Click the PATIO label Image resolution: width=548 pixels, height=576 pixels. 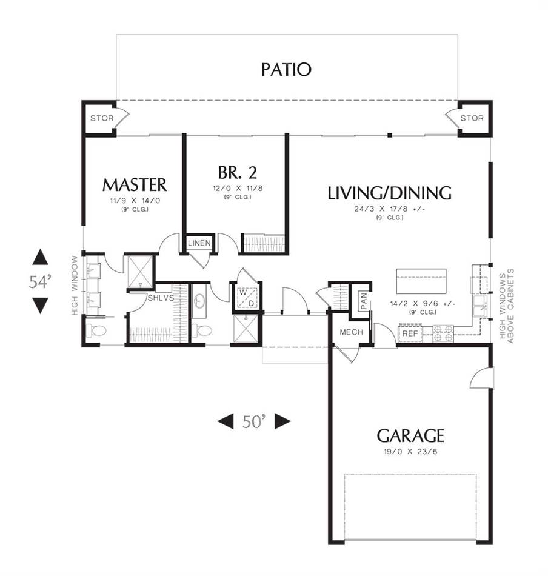click(x=286, y=69)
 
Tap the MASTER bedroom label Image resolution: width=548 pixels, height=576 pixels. click(x=134, y=184)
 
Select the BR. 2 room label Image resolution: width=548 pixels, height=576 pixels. click(x=233, y=172)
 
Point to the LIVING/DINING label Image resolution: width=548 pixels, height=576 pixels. click(x=389, y=193)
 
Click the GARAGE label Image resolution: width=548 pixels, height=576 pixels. click(x=410, y=435)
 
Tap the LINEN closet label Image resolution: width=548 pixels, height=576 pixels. click(x=199, y=243)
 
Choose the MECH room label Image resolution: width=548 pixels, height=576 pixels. click(x=351, y=332)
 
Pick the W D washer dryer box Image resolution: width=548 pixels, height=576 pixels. click(x=246, y=298)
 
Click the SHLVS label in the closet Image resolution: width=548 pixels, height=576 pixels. click(x=161, y=298)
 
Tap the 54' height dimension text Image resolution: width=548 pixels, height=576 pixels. click(x=41, y=281)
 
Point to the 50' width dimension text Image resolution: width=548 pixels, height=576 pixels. click(x=255, y=421)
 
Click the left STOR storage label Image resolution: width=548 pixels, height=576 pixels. click(x=101, y=118)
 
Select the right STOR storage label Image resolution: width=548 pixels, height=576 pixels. click(x=472, y=118)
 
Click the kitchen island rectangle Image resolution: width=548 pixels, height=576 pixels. click(x=421, y=280)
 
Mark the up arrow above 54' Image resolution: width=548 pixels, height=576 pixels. click(x=40, y=257)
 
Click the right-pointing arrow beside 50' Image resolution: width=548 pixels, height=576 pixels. click(x=282, y=421)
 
